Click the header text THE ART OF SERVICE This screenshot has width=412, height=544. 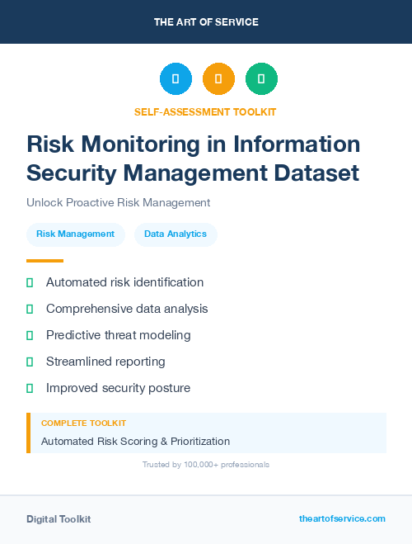[x=206, y=22]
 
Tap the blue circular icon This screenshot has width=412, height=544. [x=176, y=79]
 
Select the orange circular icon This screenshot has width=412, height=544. [x=218, y=79]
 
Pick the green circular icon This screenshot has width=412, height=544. [x=261, y=79]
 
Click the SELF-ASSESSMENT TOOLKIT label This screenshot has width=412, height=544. [x=205, y=111]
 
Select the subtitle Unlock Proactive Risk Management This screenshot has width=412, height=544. [x=119, y=202]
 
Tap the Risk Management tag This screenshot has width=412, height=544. [x=76, y=234]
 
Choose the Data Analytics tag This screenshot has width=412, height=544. [x=176, y=234]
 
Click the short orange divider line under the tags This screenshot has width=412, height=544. [x=44, y=260]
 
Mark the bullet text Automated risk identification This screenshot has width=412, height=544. [x=124, y=282]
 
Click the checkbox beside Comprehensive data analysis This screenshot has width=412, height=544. [x=30, y=309]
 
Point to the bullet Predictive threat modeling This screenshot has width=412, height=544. [x=118, y=335]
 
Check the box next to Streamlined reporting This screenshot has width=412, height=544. [x=30, y=362]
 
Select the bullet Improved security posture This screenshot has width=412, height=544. [x=118, y=388]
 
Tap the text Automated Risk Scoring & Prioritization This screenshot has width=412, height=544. [x=135, y=442]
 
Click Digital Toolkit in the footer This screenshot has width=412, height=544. [x=59, y=519]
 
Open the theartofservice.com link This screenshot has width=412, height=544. [x=342, y=518]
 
